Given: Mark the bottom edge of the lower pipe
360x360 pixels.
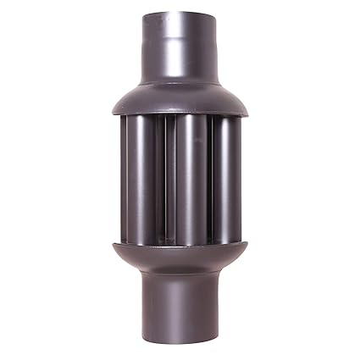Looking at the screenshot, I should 180,349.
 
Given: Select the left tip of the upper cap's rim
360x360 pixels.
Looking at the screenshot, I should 110,109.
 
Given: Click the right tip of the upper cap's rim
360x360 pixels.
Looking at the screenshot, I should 247,109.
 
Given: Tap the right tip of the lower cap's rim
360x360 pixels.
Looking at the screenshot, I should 247,245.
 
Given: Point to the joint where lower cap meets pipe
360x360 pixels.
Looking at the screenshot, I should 180,276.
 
